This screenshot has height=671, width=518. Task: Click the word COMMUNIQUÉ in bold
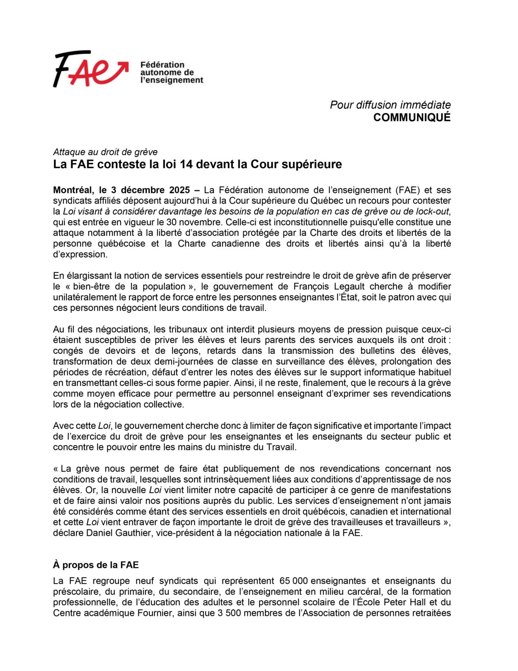click(412, 117)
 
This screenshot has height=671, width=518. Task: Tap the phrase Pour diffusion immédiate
click(390, 105)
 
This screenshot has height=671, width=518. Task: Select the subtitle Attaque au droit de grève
click(105, 152)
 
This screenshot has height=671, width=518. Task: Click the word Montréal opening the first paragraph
click(73, 190)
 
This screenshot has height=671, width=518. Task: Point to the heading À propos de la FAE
click(96, 565)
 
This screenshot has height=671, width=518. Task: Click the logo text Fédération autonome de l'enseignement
click(171, 72)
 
